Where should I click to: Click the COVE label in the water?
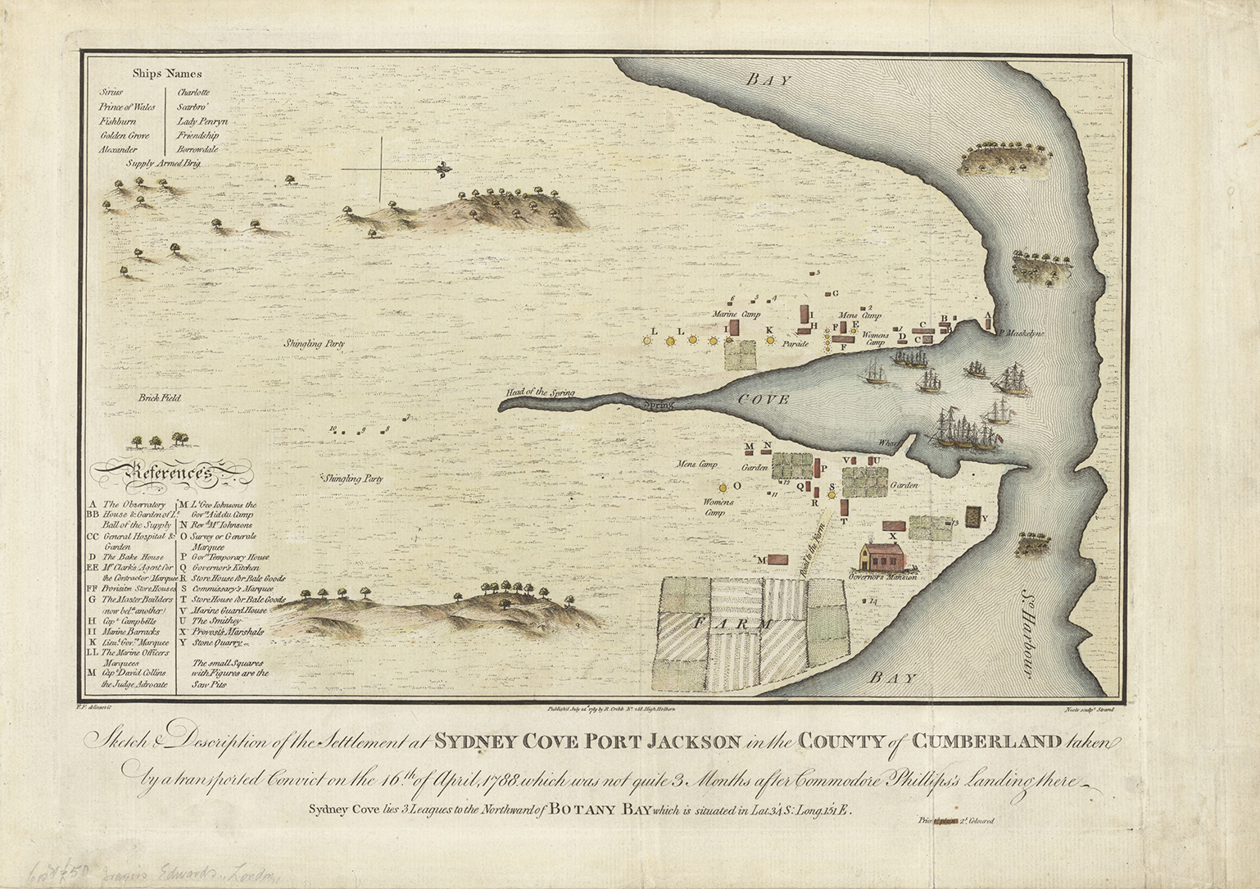pyautogui.click(x=762, y=399)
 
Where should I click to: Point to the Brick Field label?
pyautogui.click(x=160, y=398)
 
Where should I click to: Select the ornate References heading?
pyautogui.click(x=170, y=473)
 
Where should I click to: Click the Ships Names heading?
pyautogui.click(x=167, y=75)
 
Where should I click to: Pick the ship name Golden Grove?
pyautogui.click(x=125, y=135)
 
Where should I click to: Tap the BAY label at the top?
pyautogui.click(x=769, y=79)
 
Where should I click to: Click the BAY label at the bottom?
pyautogui.click(x=893, y=678)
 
